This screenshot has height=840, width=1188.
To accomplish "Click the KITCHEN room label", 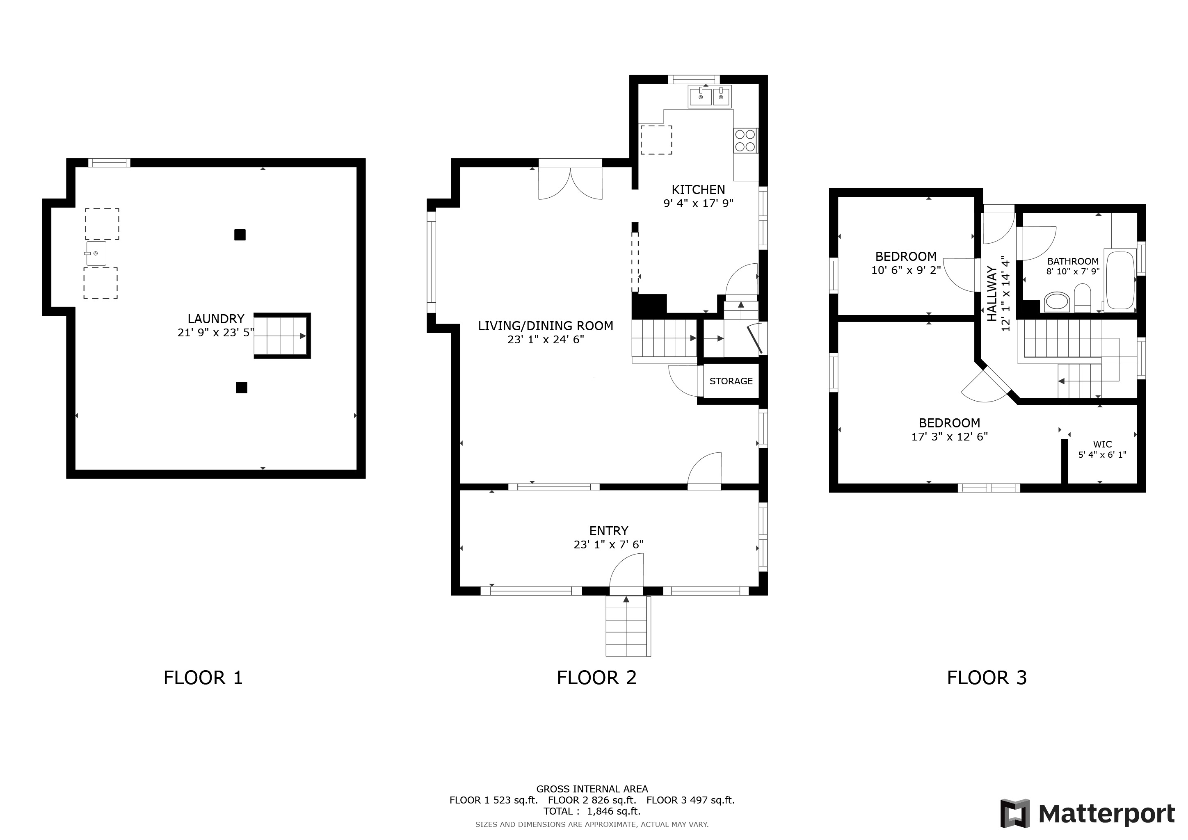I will (698, 190).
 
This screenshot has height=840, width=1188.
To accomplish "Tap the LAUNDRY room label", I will (216, 319).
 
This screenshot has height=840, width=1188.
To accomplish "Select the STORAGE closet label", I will (731, 381).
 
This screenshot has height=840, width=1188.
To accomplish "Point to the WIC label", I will (1102, 444).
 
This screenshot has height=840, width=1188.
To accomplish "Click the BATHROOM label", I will (1073, 262).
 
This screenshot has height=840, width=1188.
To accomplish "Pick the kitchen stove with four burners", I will (745, 141).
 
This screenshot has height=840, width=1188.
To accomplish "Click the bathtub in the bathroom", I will (1120, 280).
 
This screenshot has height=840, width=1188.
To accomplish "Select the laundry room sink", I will (96, 253).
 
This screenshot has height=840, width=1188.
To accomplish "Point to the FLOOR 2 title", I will (596, 678).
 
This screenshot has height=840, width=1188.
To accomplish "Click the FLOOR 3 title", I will (987, 678).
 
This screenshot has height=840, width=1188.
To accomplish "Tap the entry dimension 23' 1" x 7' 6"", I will (608, 545).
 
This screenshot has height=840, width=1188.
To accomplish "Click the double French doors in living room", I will (570, 182).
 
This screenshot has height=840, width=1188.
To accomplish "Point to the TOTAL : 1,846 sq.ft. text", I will (592, 811).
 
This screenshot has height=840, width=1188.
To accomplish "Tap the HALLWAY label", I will (992, 293).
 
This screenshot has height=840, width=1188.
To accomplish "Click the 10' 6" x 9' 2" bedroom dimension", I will (905, 270).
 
